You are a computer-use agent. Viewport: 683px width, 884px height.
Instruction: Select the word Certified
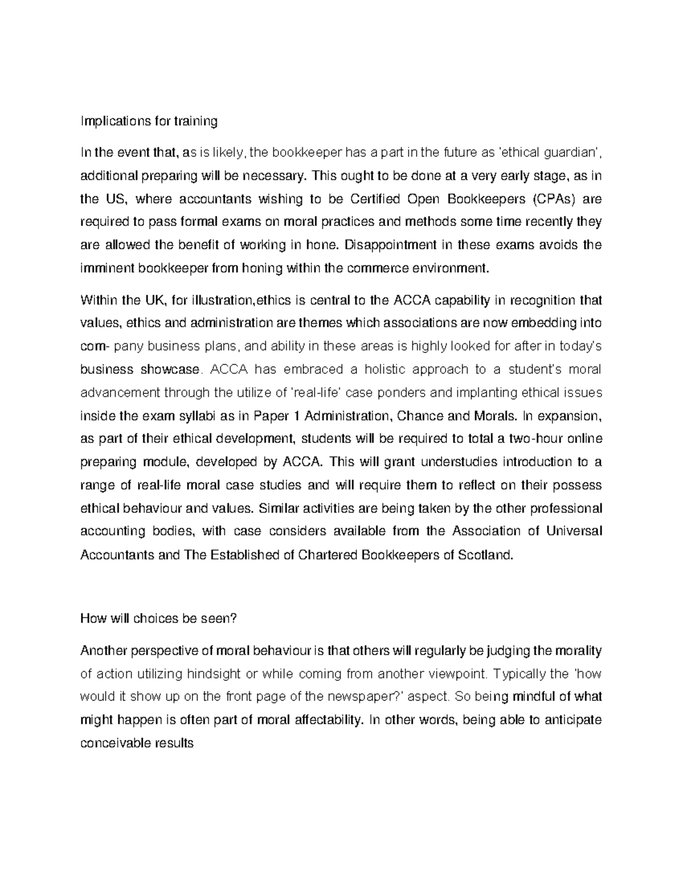tap(375, 199)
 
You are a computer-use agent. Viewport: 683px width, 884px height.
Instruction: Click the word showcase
tap(170, 369)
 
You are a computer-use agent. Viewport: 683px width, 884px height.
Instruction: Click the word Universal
tap(573, 531)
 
